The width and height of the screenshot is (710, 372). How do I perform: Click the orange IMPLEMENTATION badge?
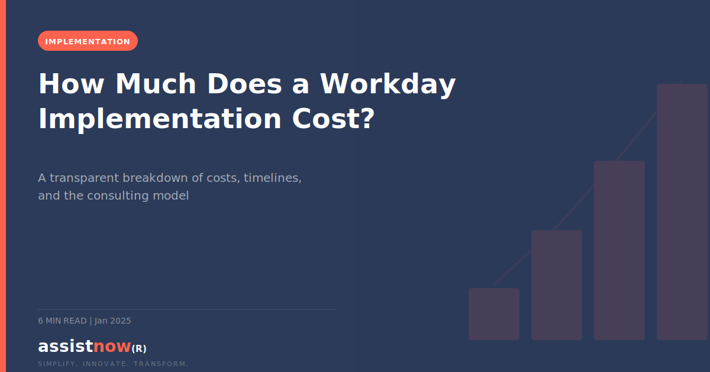(88, 41)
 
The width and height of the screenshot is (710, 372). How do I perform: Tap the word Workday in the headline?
(388, 84)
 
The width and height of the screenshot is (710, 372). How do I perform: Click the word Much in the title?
(155, 84)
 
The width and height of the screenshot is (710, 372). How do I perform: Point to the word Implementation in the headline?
(160, 119)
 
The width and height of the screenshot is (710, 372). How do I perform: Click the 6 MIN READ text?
(62, 321)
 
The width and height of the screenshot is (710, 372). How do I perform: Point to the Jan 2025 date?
(113, 321)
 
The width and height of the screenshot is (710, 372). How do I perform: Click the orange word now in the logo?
(112, 347)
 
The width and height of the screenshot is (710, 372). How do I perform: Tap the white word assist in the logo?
(65, 347)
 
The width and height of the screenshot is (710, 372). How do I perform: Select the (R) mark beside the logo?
(138, 348)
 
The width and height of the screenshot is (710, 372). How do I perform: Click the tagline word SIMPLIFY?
(57, 364)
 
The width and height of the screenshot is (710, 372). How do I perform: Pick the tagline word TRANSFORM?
(161, 364)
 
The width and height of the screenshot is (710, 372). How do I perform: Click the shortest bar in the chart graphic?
(493, 314)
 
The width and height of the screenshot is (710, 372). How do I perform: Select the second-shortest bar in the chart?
(556, 285)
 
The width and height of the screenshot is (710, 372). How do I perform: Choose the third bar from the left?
(619, 250)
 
